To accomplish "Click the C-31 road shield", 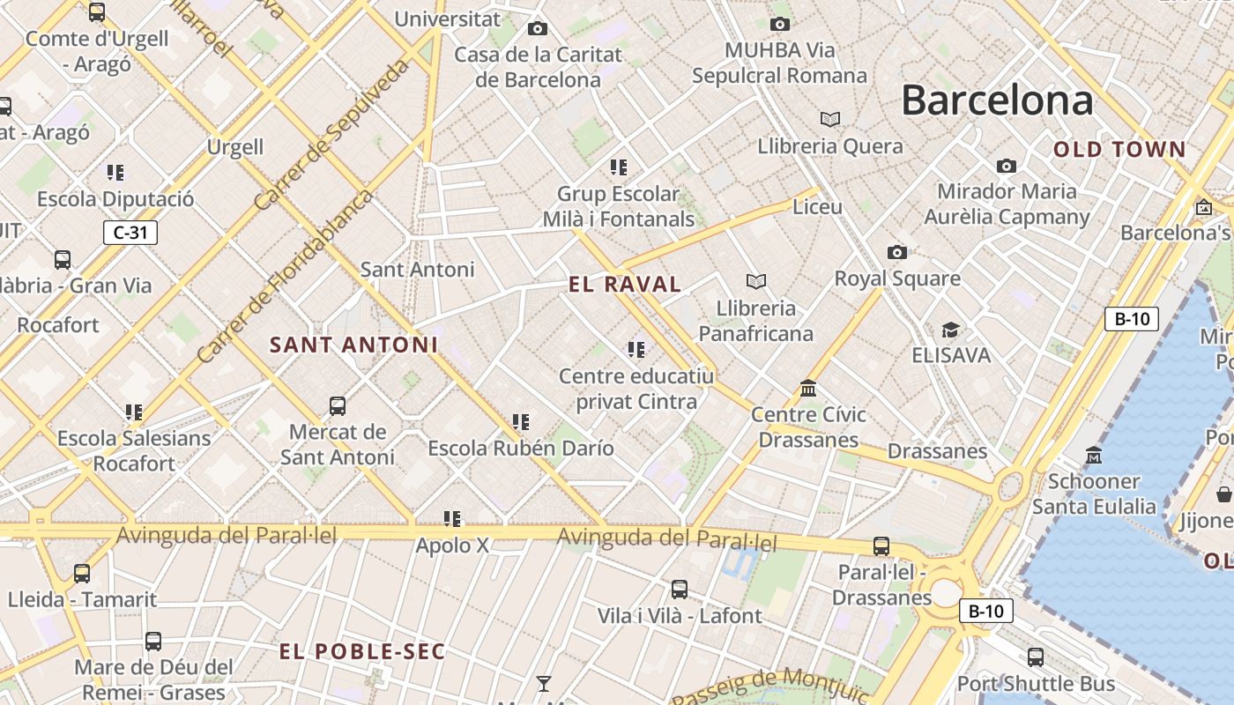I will point(130,233).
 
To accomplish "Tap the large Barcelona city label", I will point(996,100).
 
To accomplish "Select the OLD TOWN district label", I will point(1119,150).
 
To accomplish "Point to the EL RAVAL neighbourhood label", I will point(625,284).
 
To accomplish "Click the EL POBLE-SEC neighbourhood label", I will point(362,652).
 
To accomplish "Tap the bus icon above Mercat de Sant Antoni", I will point(338,406).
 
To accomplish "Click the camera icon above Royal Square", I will point(896,253).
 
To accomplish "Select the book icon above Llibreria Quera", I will point(829,119).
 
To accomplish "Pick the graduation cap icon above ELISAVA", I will point(950,330).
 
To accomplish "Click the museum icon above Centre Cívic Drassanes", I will point(808,389).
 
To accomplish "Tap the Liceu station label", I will point(818,207).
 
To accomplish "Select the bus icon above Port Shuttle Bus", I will point(1036,657).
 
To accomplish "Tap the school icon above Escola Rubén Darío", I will point(521,422).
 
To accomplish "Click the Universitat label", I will point(447,19).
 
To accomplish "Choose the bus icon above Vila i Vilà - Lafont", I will point(680,590).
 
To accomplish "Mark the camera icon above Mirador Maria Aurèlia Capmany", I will point(1006,166).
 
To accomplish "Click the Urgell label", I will point(235,146).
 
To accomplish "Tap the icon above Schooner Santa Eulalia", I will point(1094,456).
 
